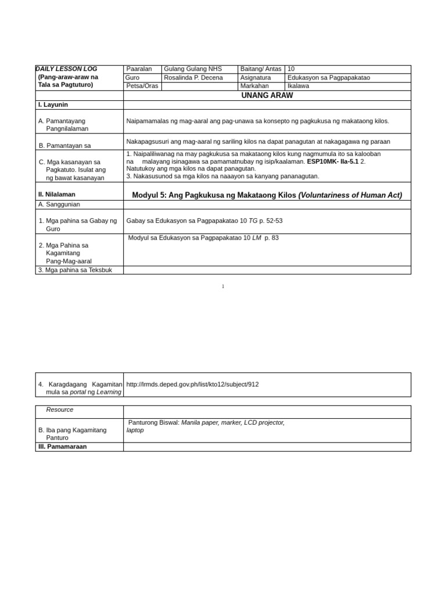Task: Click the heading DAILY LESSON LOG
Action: (67, 69)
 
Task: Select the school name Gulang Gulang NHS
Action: (193, 69)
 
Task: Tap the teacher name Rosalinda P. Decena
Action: (193, 78)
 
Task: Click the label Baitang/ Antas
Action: (261, 69)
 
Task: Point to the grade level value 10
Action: (291, 69)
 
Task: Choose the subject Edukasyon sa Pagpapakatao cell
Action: (329, 78)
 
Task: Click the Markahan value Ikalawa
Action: (298, 86)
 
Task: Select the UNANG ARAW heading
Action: (267, 96)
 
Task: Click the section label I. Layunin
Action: (53, 105)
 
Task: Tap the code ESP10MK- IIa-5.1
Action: (333, 162)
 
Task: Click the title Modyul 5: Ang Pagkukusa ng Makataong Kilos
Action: (214, 195)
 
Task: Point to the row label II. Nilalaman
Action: (57, 194)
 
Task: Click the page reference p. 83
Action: (271, 238)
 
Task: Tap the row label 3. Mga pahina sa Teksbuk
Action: (75, 270)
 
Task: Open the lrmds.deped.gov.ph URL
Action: (192, 385)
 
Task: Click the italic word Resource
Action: (60, 410)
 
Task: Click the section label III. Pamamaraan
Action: (62, 447)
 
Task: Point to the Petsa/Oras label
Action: (142, 86)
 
